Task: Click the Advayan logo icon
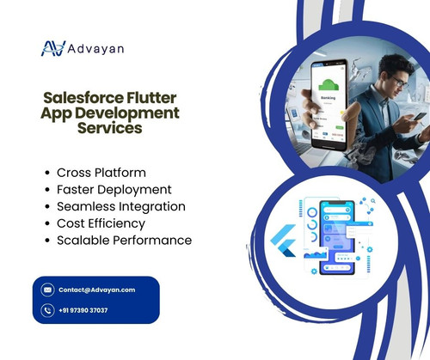coord(53,48)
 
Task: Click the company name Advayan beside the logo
coord(96,48)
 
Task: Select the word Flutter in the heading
coord(151,98)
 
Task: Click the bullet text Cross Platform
coord(101,172)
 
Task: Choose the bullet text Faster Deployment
coord(114,189)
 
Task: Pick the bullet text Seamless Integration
coord(121,206)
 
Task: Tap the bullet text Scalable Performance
coord(124,241)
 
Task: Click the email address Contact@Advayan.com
coord(96,290)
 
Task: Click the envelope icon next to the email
coord(47,290)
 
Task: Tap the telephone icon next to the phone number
coord(47,310)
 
